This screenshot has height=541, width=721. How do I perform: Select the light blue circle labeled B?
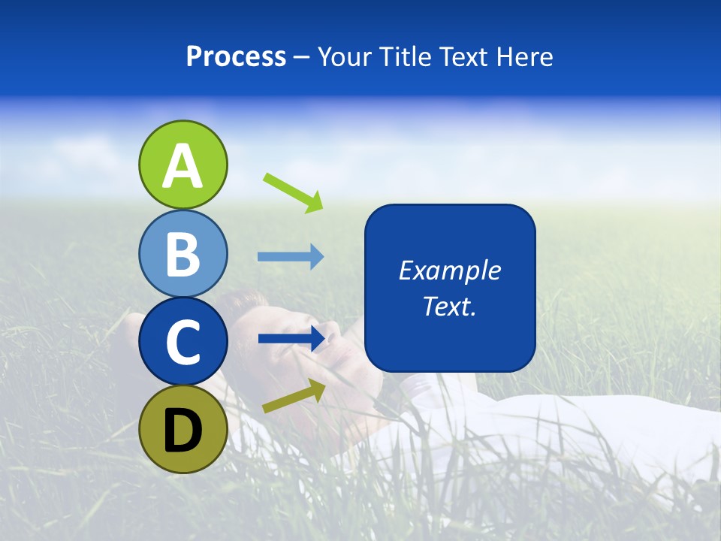[183, 253]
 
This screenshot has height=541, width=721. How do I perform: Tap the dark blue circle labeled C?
[183, 341]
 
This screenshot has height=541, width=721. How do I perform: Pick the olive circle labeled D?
[183, 429]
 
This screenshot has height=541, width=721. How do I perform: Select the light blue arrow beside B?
[291, 257]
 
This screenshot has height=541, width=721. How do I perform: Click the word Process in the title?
[236, 57]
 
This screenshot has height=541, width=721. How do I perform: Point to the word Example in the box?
[449, 270]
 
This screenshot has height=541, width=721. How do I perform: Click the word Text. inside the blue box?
[449, 306]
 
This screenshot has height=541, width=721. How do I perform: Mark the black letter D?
[183, 431]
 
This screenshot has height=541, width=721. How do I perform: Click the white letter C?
[183, 343]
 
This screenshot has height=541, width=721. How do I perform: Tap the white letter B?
[183, 255]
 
